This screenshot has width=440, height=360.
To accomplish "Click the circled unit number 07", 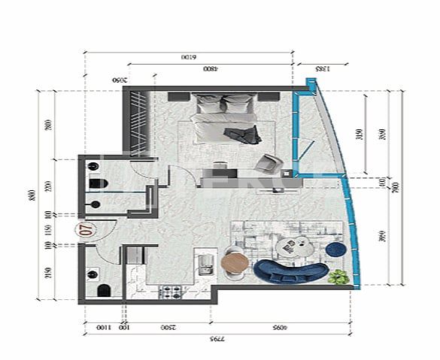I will coord(84,230).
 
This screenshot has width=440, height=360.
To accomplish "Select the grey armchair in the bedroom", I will coord(269,162).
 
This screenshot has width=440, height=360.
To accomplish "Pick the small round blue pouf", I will coord(336,247).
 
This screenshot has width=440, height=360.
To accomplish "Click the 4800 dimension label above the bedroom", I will coord(211,69).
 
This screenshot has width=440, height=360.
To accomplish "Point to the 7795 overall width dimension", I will coord(217,340).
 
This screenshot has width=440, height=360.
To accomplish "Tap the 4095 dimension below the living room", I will coord(281,328).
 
